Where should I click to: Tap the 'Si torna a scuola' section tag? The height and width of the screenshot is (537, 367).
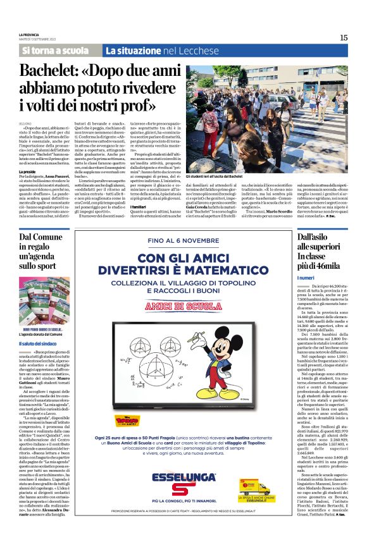[x=56, y=50]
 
